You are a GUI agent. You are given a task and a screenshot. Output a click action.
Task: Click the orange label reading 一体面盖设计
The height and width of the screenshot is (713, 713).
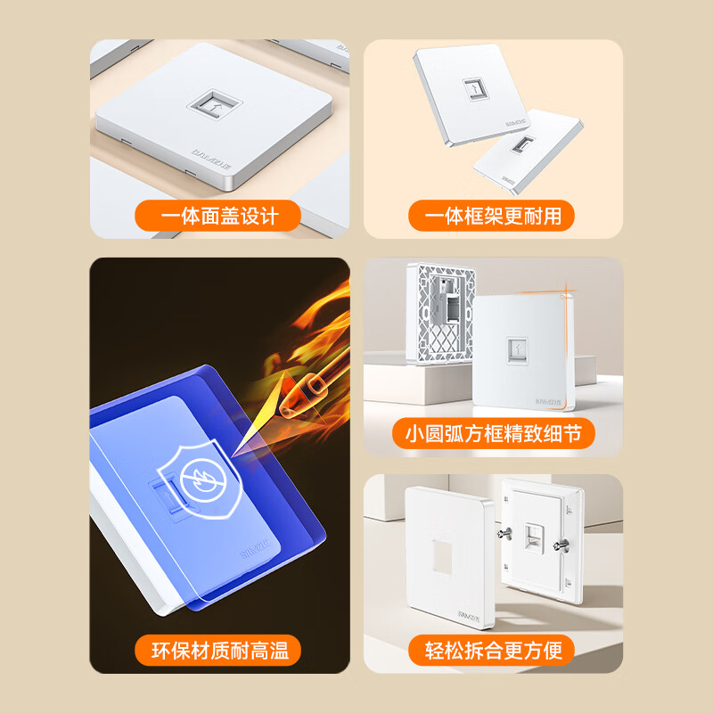tap(219, 216)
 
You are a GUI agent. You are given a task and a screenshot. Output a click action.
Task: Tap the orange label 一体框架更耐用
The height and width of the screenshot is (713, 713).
tap(491, 216)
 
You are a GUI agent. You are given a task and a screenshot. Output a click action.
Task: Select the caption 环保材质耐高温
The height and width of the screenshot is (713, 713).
tap(219, 650)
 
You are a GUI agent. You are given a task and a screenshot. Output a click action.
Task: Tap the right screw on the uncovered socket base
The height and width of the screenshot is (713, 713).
tap(562, 545)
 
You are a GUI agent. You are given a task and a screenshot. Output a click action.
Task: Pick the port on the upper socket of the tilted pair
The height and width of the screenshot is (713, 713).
tap(470, 89)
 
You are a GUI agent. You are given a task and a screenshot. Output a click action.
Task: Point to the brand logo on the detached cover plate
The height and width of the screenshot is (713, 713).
tap(469, 615)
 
